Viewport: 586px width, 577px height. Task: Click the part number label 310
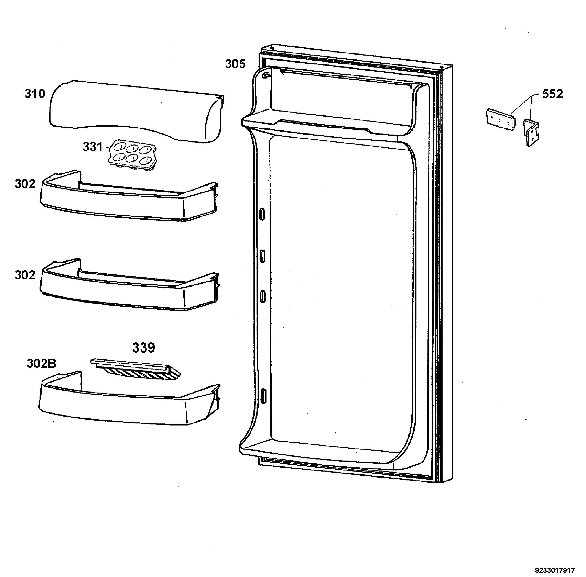35,94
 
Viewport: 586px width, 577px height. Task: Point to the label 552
552,94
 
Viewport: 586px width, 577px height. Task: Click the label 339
144,348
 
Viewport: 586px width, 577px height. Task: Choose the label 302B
42,363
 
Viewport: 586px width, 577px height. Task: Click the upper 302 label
25,184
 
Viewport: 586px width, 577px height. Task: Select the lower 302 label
25,275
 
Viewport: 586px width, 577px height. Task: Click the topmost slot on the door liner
262,214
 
